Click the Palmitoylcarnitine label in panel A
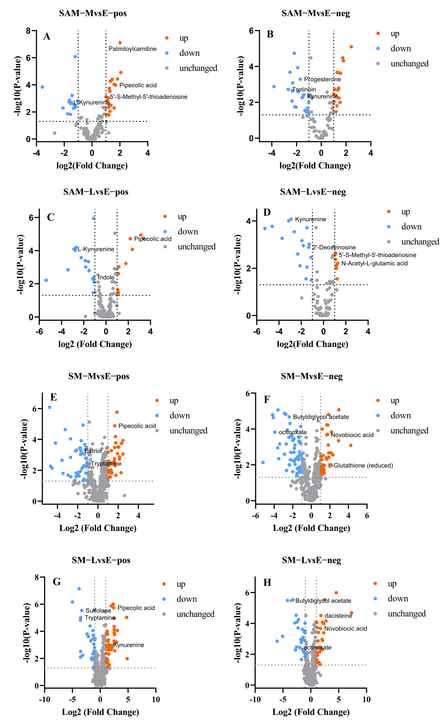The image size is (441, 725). (x=132, y=49)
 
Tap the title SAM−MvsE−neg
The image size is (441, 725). (x=316, y=14)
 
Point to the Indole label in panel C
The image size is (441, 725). (x=106, y=277)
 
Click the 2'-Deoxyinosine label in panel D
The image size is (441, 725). (x=334, y=247)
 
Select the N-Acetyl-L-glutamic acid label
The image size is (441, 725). (x=374, y=264)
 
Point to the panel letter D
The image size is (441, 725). (x=267, y=212)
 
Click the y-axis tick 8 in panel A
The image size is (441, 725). (x=28, y=31)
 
